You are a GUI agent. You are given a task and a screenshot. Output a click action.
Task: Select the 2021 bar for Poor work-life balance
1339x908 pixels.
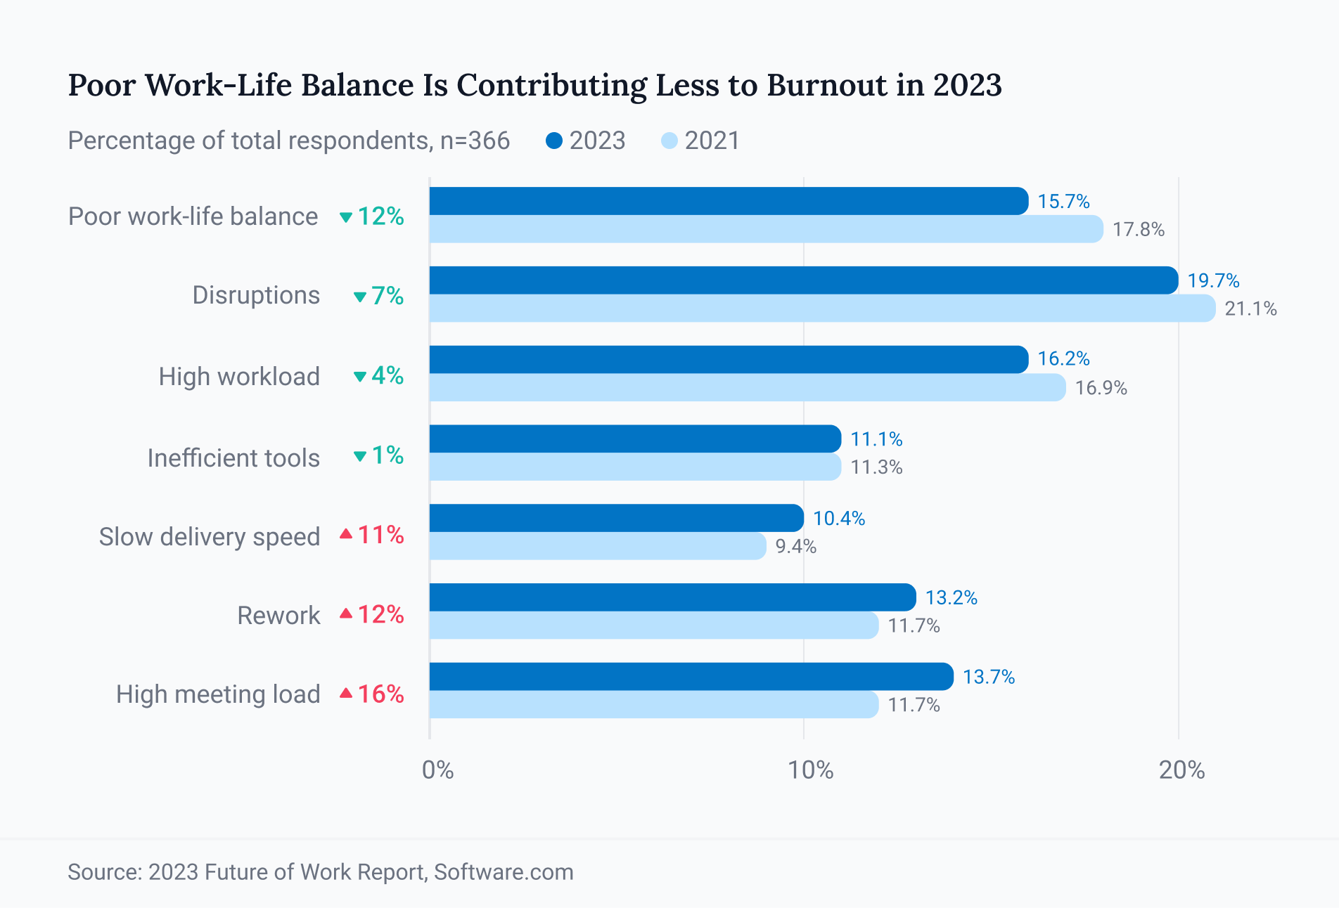pos(765,230)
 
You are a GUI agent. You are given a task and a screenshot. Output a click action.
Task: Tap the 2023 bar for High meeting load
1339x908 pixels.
pos(691,676)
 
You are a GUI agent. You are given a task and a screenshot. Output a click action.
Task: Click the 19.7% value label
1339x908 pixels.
pos(1213,281)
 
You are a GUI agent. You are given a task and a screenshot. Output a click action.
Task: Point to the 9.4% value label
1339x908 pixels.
pos(795,547)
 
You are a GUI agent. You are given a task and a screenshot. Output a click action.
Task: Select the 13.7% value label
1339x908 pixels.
pos(988,677)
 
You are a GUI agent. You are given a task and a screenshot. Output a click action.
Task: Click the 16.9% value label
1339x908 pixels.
pos(1101,388)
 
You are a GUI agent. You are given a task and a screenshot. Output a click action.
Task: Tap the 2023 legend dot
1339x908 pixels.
pos(554,141)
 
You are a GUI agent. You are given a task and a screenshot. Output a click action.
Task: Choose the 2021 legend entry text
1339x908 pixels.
pos(712,141)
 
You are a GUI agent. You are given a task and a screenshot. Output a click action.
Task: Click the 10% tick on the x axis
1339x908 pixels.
pos(810,770)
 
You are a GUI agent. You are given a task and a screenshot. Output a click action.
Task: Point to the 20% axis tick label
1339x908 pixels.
pos(1181,770)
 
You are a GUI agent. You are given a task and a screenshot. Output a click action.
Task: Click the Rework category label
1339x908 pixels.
pos(278,616)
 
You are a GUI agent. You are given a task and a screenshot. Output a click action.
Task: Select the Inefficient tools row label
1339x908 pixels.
pos(233,458)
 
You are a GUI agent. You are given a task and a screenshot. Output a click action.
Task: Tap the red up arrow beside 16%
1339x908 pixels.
pos(345,694)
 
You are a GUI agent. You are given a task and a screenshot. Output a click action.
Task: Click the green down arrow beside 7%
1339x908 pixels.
pos(359,297)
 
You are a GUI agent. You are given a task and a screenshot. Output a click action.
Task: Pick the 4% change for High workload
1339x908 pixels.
pos(387,376)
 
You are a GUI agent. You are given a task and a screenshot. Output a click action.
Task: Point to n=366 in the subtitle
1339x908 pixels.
pos(475,141)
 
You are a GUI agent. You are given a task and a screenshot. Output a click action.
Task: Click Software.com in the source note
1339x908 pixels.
pos(504,872)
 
